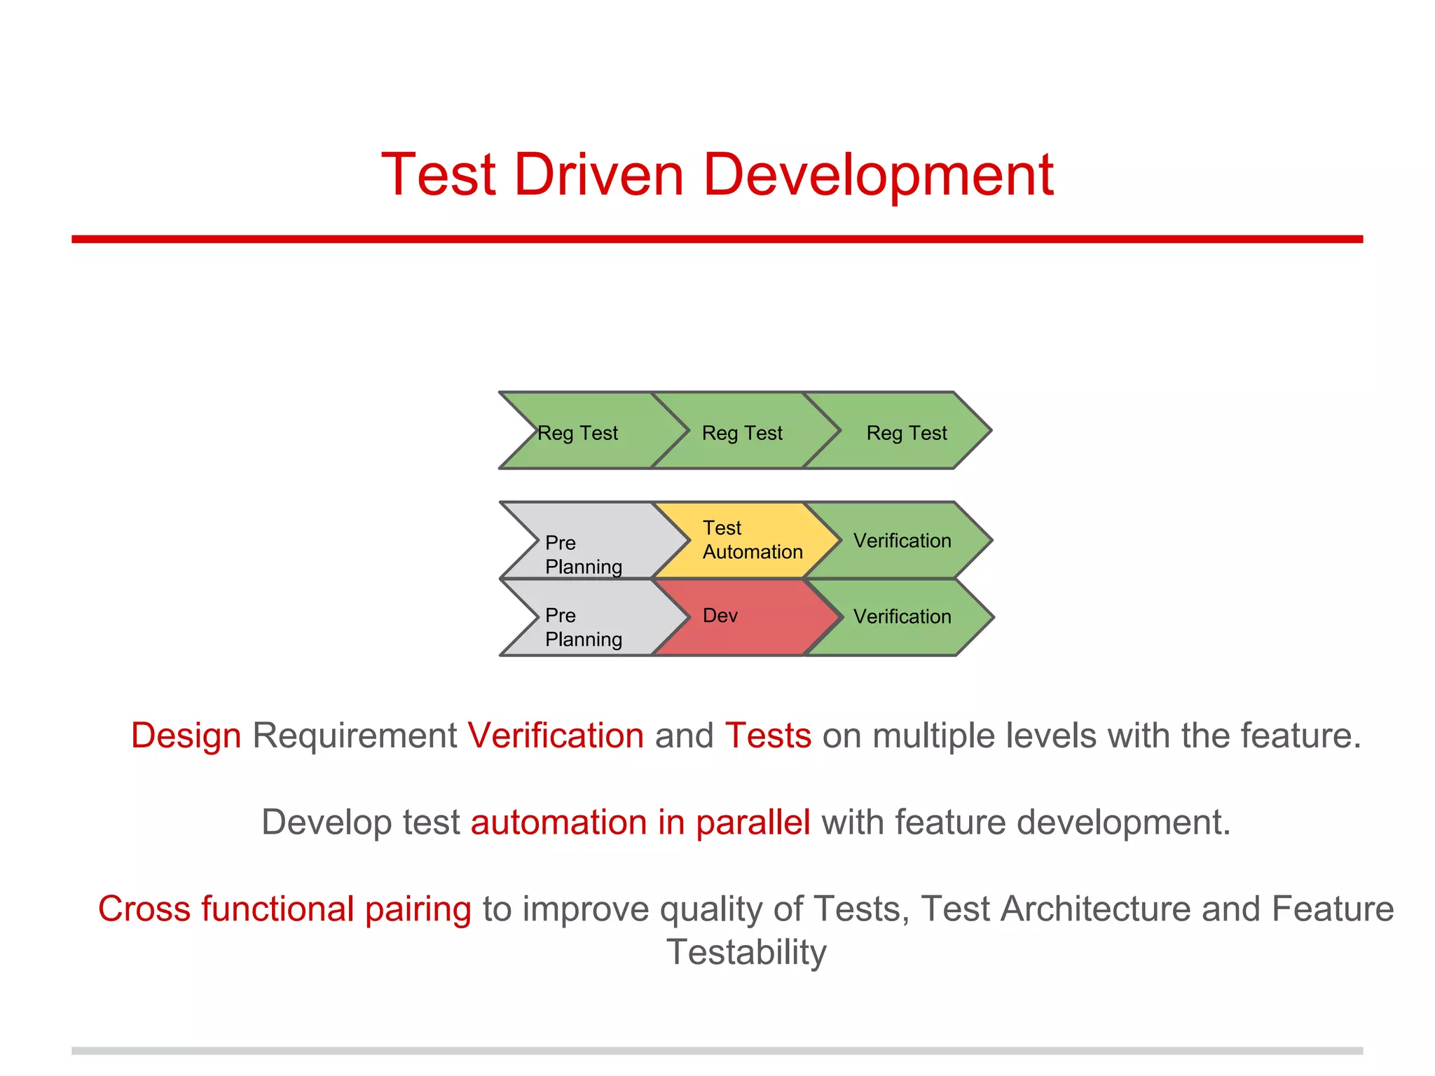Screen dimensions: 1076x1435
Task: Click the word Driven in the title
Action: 599,175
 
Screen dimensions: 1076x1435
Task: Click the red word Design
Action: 186,736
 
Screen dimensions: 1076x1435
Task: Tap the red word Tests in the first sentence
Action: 768,736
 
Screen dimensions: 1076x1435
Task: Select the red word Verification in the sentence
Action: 556,736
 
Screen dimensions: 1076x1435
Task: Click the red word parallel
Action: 753,822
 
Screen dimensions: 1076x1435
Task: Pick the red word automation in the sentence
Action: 558,822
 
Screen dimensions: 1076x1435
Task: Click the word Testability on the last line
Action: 746,953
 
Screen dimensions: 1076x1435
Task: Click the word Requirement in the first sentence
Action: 355,736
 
